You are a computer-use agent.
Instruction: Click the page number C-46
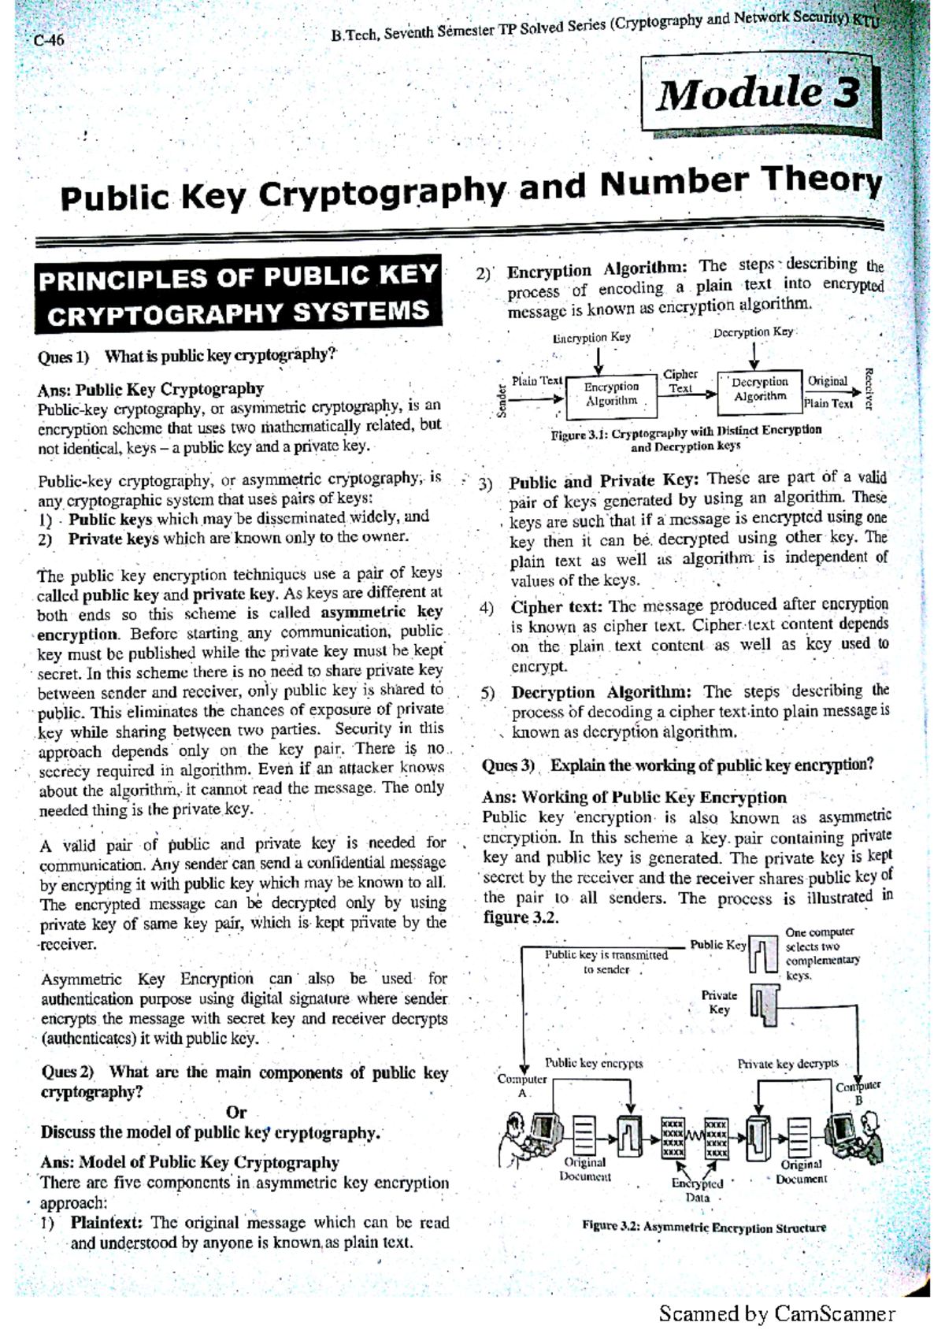coord(49,39)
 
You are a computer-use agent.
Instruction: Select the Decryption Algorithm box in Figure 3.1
coord(760,389)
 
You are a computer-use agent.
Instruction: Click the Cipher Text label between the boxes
coord(680,382)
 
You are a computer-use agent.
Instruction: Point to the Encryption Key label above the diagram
coord(591,338)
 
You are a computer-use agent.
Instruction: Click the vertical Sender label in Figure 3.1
coord(502,399)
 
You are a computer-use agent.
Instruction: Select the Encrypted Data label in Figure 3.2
coord(697,1190)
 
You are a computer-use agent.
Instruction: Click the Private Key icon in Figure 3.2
coord(764,1004)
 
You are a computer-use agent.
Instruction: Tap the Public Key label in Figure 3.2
coord(717,945)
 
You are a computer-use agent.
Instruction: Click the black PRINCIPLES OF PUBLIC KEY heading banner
coord(238,294)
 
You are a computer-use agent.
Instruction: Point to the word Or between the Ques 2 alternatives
coord(236,1113)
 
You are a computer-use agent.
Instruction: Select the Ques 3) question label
coord(509,765)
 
